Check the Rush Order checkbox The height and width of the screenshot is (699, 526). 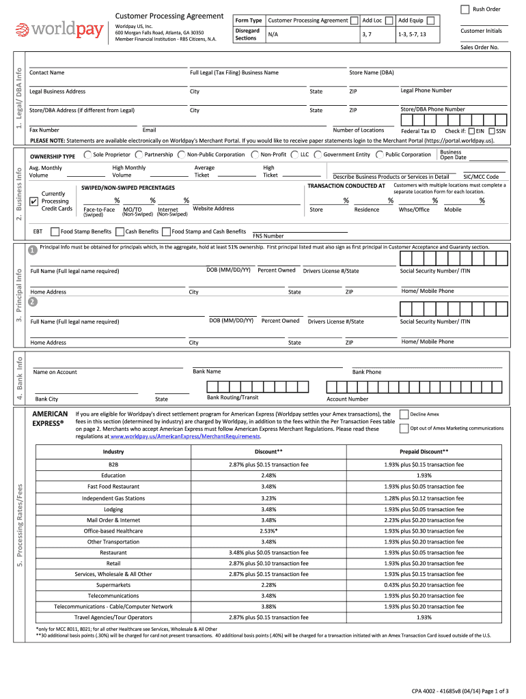coord(465,9)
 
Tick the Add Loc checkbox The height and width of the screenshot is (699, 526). coord(389,20)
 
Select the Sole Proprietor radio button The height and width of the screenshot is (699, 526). coord(87,155)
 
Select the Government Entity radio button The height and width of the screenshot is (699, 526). coord(318,155)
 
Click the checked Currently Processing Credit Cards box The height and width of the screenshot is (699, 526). coord(35,201)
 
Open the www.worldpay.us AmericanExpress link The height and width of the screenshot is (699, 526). coord(184,436)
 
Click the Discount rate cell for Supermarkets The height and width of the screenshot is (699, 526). coord(268,585)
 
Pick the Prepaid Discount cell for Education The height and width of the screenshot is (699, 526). coord(424,475)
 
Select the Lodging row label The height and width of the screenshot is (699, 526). coord(113,509)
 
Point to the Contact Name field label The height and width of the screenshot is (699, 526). coord(47,72)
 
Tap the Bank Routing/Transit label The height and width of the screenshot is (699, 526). coord(232,397)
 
